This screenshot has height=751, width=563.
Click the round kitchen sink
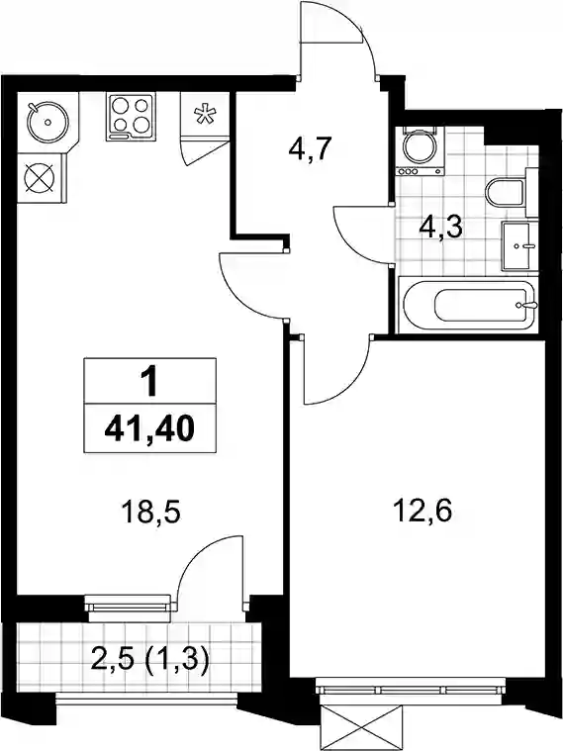click(x=47, y=122)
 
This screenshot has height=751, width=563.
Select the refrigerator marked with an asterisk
click(x=205, y=115)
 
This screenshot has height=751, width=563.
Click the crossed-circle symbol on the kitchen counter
click(x=40, y=178)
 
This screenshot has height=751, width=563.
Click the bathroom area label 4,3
click(x=440, y=229)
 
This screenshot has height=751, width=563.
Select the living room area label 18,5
click(x=150, y=512)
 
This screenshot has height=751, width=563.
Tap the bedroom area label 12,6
click(x=422, y=512)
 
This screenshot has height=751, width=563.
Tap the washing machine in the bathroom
click(x=420, y=150)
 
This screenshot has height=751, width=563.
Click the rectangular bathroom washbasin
click(x=516, y=246)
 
